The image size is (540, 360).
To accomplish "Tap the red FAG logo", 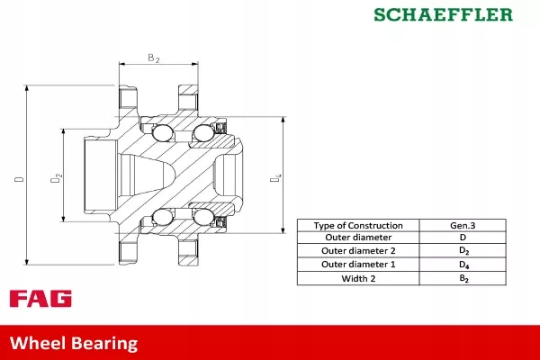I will coord(40,299).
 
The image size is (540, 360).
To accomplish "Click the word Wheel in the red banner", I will coord(36,343).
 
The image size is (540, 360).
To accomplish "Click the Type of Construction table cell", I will coord(358,225).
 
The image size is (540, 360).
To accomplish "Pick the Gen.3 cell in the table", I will coord(463,225).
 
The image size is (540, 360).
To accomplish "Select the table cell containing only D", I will coord(463,238).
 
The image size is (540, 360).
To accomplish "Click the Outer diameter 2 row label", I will coord(358,251).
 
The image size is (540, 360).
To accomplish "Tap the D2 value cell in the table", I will coord(463,251).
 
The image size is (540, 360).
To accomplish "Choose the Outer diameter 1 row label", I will coord(358,265).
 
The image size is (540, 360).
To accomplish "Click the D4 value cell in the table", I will coord(463,265).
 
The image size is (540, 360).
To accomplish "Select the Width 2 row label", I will coord(358,278).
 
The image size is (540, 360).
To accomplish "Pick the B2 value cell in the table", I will coord(463,278).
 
